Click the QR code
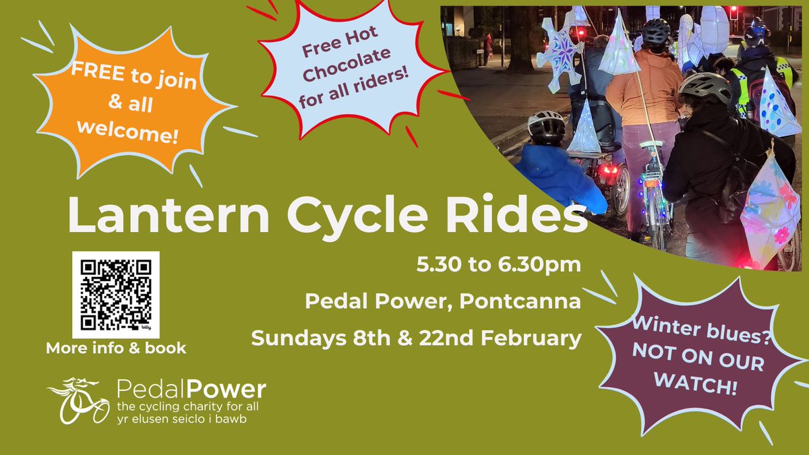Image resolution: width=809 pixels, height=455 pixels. tap(115, 295)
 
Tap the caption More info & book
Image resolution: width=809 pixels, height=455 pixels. tap(115, 349)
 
